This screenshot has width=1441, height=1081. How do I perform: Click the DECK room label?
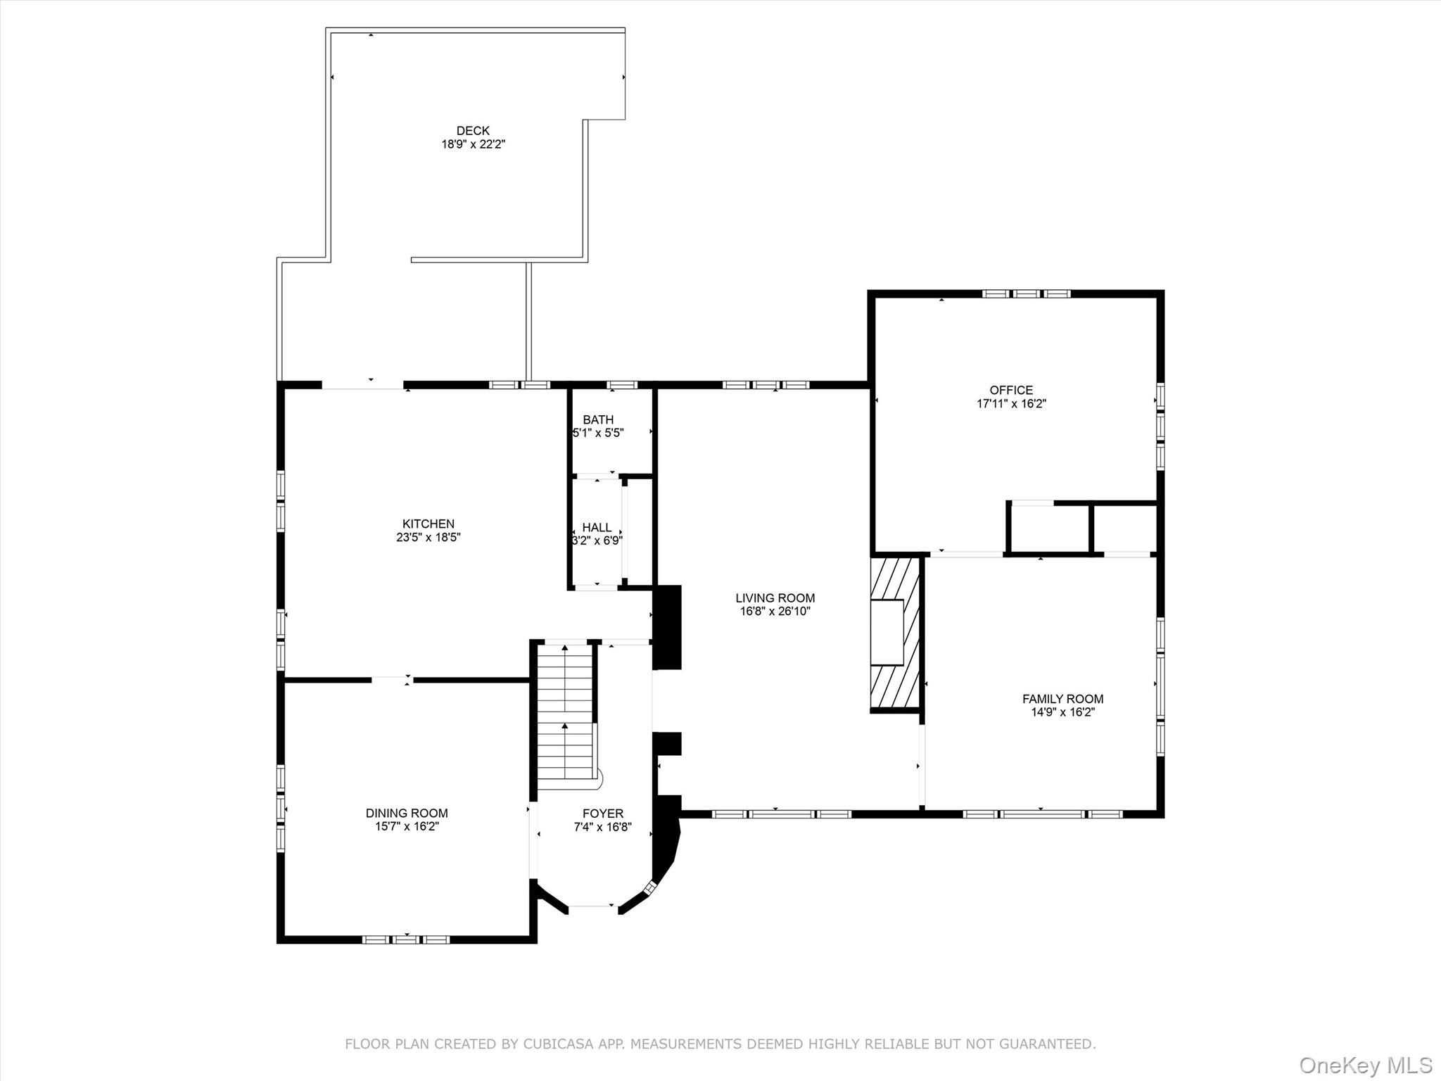473,131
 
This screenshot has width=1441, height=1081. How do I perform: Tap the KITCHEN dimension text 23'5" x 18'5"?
428,538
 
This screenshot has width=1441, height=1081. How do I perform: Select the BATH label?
598,420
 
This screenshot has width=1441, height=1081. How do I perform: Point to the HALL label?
597,528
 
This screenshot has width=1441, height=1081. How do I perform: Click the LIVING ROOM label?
775,598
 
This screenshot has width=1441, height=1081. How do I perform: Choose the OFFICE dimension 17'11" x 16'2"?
1011,404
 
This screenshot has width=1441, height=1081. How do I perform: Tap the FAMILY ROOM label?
1062,699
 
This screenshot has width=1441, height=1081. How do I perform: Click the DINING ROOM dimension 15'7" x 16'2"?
407,826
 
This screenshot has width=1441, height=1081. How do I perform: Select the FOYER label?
602,814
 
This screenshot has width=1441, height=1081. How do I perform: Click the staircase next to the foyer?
565,711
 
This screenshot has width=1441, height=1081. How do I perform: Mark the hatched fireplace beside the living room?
895,633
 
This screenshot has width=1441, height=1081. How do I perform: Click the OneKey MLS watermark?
1365,1065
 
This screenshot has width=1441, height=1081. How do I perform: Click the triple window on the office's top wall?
1026,293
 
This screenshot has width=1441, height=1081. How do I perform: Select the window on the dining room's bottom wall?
406,940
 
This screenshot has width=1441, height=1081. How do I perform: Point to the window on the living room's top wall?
766,385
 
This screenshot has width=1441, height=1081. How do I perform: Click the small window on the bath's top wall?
622,385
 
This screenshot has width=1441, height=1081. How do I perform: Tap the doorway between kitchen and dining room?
392,680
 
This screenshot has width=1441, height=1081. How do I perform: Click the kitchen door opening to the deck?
362,385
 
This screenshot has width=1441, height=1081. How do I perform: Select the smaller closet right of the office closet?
1124,528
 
